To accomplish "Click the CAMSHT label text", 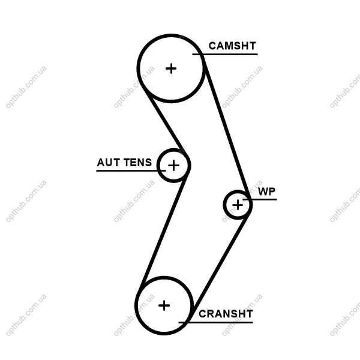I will pos(232,46).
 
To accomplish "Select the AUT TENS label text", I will pos(124,163).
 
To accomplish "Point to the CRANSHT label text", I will pos(226,313).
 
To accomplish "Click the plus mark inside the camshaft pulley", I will pos(172,68).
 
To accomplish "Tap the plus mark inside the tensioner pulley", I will pos(173,164).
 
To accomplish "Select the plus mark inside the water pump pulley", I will pos(238,205).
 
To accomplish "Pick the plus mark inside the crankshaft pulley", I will pos(164,305).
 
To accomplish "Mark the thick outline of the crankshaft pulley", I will pos(136,305).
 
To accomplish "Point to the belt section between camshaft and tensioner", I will pos(164,127).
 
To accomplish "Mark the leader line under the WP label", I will pos(264,199).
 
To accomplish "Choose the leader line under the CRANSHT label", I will pos(222,323).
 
